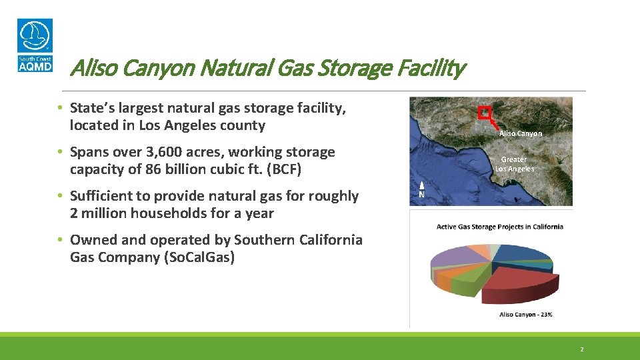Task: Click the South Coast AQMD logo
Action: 35,45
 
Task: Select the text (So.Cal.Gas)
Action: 199,257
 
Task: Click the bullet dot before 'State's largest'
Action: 60,108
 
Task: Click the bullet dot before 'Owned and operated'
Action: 60,240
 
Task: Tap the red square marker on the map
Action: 485,113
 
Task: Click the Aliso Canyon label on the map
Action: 520,133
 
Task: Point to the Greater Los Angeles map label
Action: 514,164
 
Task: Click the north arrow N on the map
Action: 421,190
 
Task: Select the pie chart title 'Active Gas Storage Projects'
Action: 499,227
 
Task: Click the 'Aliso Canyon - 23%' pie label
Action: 525,315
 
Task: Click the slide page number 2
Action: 581,349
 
